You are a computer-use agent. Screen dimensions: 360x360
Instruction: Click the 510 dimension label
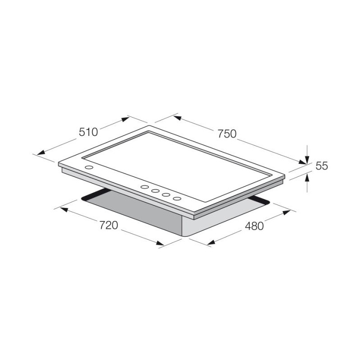[88, 132]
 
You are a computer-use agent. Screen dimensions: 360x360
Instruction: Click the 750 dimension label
[227, 134]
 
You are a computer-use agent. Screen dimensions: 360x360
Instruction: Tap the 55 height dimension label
[322, 166]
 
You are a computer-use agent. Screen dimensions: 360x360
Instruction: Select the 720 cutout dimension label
[108, 225]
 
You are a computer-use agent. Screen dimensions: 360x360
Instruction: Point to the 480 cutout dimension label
[254, 226]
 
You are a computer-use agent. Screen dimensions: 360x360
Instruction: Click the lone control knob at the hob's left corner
[89, 167]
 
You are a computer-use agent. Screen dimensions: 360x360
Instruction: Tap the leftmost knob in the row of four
[144, 187]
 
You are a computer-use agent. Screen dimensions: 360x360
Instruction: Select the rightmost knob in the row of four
[177, 198]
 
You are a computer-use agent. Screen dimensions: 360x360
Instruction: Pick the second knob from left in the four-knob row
[155, 191]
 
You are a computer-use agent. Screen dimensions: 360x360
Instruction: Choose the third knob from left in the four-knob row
[166, 195]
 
